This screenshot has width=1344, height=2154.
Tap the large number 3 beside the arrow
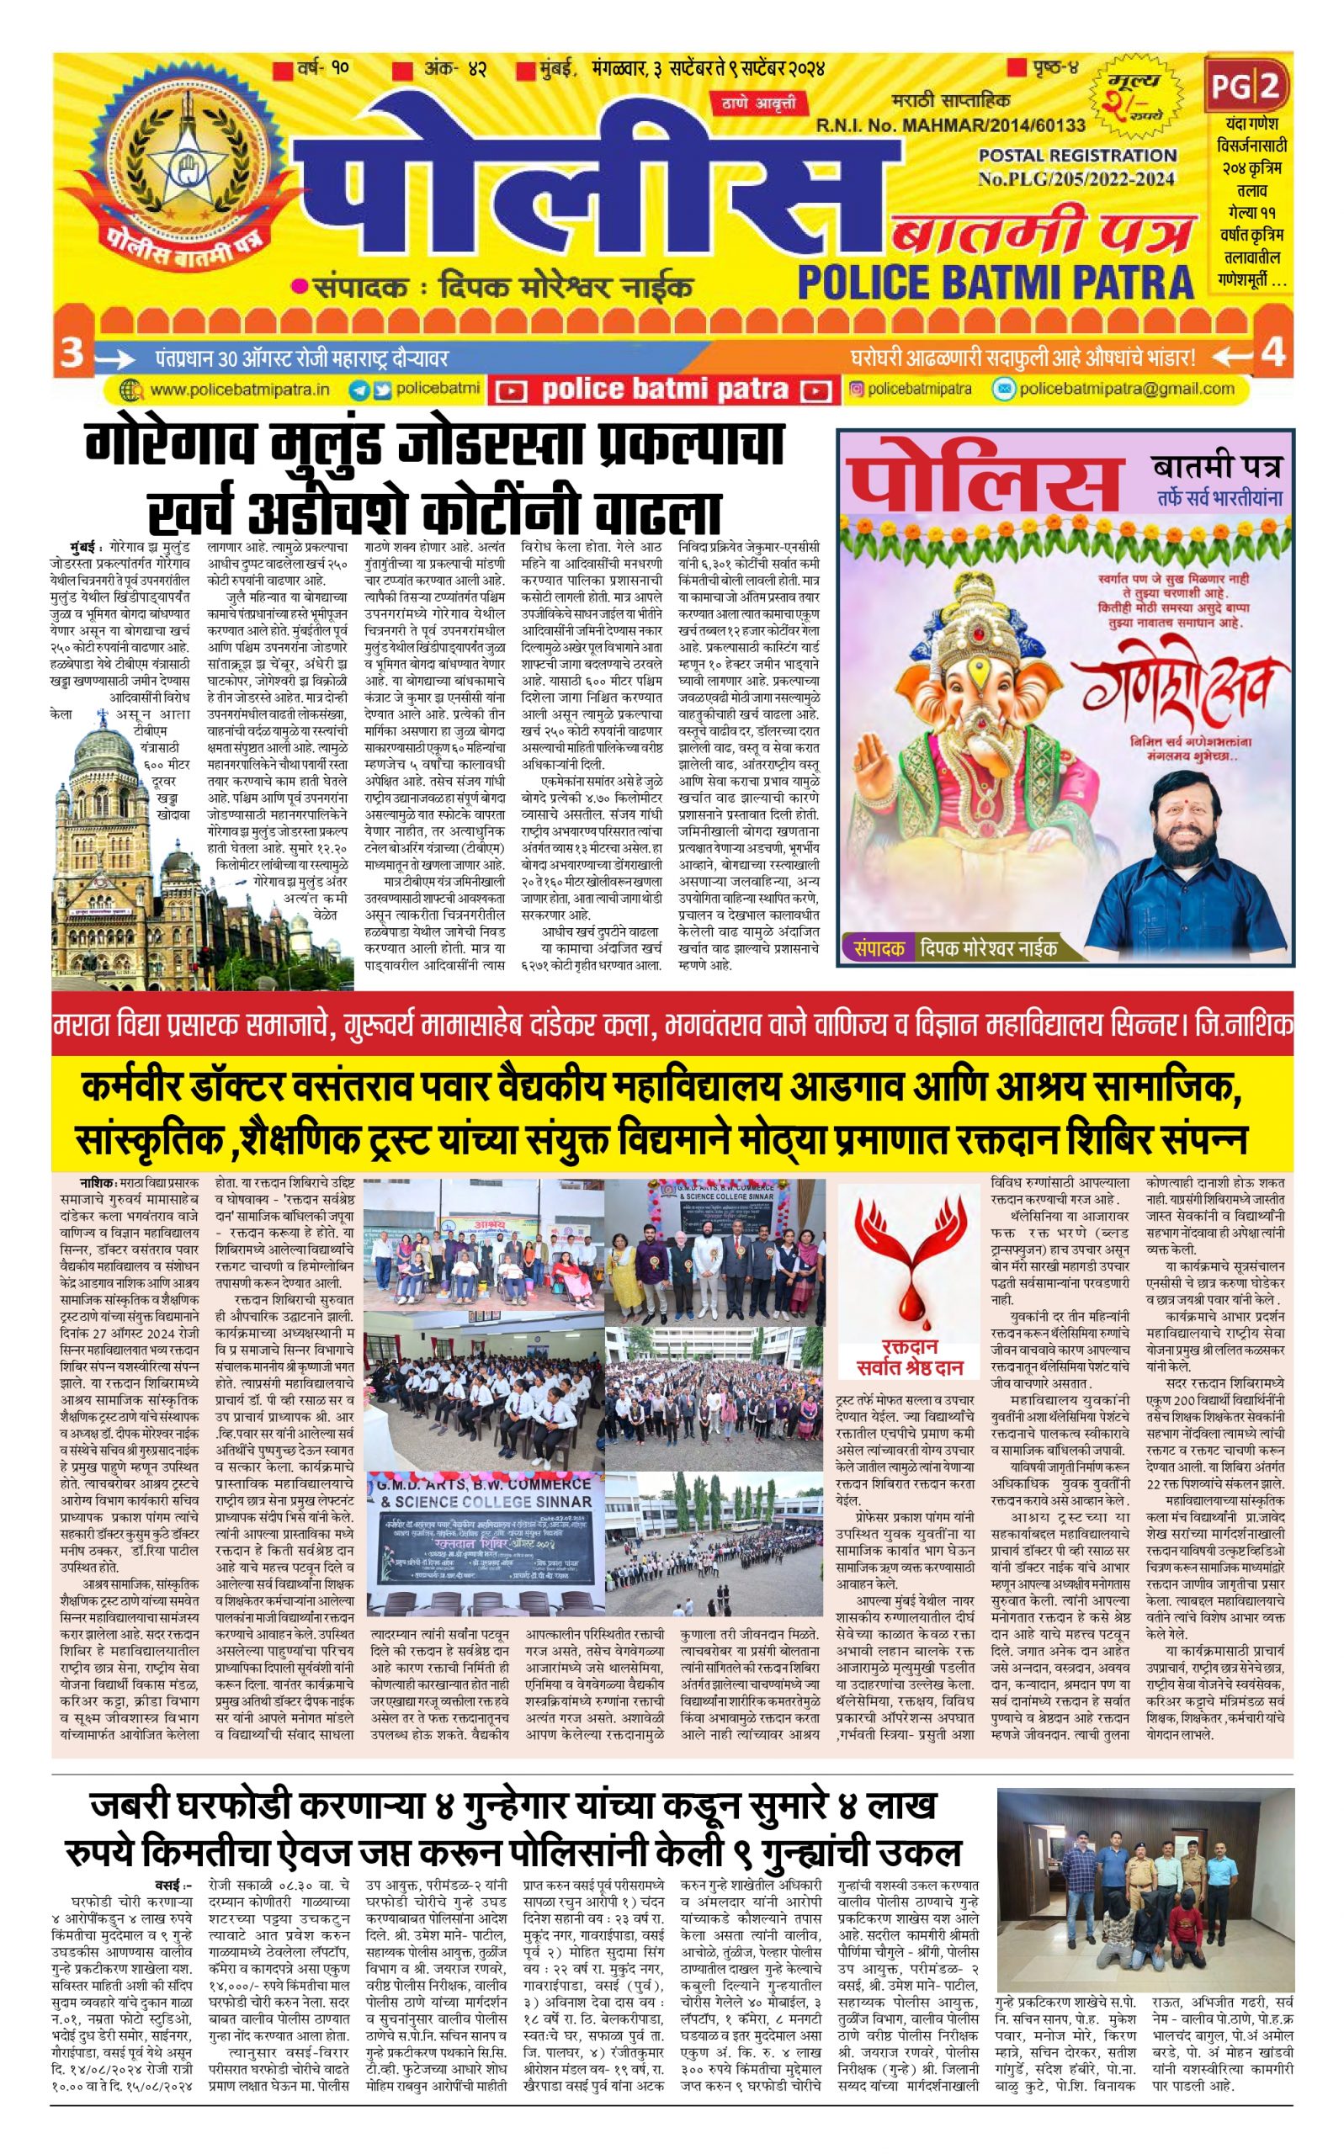[x=71, y=353]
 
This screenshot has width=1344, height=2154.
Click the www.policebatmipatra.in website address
[x=239, y=390]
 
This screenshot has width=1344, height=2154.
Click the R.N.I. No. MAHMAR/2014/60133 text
[x=950, y=126]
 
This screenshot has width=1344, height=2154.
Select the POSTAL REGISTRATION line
[x=1077, y=155]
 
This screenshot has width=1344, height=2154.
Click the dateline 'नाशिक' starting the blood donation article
[x=96, y=1184]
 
